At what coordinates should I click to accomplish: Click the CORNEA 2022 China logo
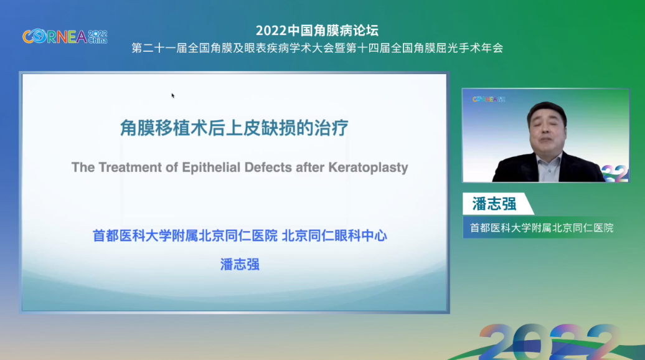pyautogui.click(x=65, y=37)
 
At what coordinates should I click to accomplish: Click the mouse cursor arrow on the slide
pyautogui.click(x=173, y=95)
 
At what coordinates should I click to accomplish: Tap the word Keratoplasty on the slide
pyautogui.click(x=368, y=168)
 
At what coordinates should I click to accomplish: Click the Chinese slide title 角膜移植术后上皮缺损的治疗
pyautogui.click(x=234, y=128)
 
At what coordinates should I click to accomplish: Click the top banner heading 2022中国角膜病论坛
pyautogui.click(x=317, y=31)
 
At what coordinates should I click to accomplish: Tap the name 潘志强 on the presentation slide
pyautogui.click(x=240, y=265)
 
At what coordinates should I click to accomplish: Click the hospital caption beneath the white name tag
pyautogui.click(x=542, y=228)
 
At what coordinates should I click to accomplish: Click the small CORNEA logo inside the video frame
pyautogui.click(x=489, y=99)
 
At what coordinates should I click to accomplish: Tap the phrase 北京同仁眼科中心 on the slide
pyautogui.click(x=334, y=236)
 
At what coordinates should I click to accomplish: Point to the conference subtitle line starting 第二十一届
pyautogui.click(x=317, y=48)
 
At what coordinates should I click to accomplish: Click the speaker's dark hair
pyautogui.click(x=547, y=110)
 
